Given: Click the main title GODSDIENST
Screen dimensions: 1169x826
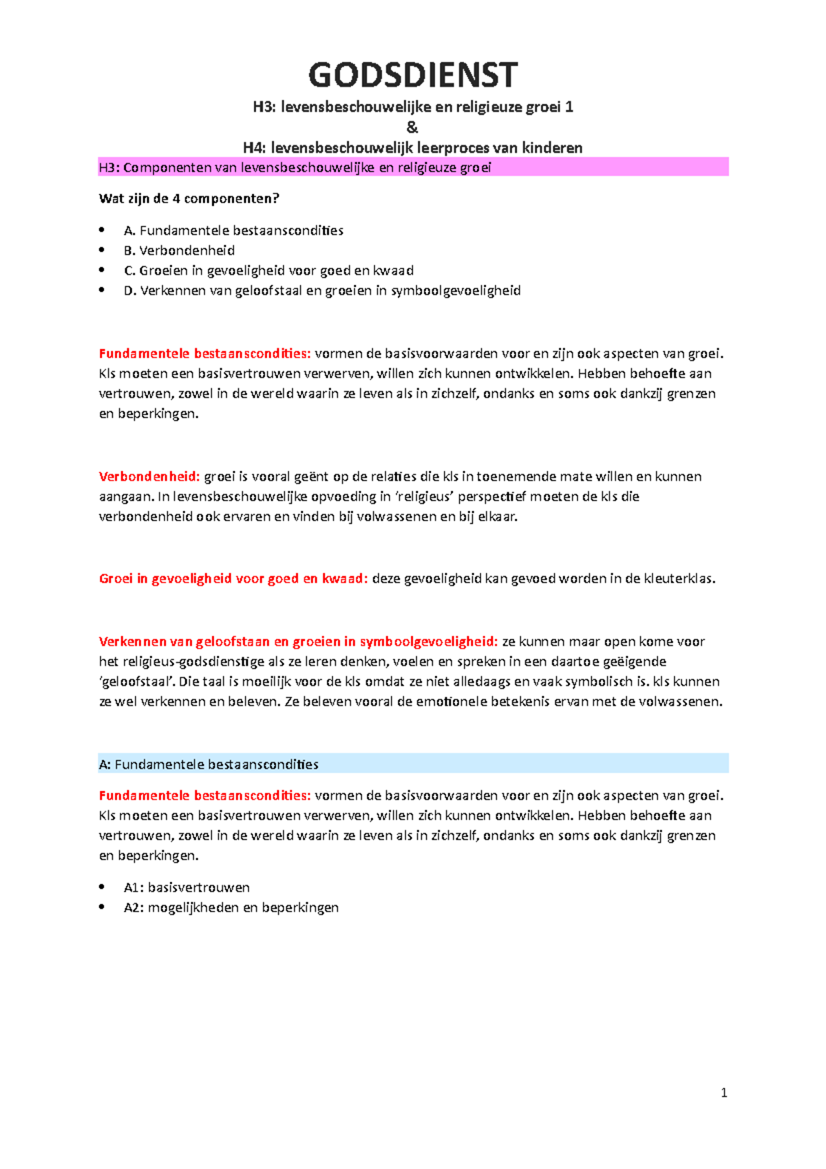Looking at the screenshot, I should click(x=412, y=76).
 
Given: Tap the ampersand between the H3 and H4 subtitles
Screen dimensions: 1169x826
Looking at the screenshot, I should click(x=412, y=127).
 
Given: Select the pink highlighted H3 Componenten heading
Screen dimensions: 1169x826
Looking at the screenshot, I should click(x=295, y=168).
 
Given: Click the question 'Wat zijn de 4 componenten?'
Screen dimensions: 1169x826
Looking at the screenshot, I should click(x=189, y=199).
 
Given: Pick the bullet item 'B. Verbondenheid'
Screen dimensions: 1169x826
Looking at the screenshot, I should click(x=179, y=251).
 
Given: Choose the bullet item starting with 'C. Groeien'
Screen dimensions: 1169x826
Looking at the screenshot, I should click(x=268, y=271).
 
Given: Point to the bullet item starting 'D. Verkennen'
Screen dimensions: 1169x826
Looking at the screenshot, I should click(x=321, y=291).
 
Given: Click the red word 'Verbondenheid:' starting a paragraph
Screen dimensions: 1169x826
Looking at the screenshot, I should click(x=149, y=476).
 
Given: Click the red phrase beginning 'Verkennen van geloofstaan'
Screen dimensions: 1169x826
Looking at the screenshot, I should click(x=297, y=642).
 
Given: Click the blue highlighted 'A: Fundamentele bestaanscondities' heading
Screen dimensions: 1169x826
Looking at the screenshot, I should click(x=209, y=764).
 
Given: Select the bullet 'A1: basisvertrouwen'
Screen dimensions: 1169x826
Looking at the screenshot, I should click(x=187, y=887).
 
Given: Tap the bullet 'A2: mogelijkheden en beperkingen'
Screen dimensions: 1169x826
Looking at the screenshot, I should click(x=231, y=907).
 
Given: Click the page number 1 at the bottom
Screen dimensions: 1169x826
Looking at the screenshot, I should click(x=723, y=1093).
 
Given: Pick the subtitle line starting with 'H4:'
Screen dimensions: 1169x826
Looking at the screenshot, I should click(x=412, y=148).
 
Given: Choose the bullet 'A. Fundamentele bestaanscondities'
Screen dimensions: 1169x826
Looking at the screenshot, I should click(x=233, y=231).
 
